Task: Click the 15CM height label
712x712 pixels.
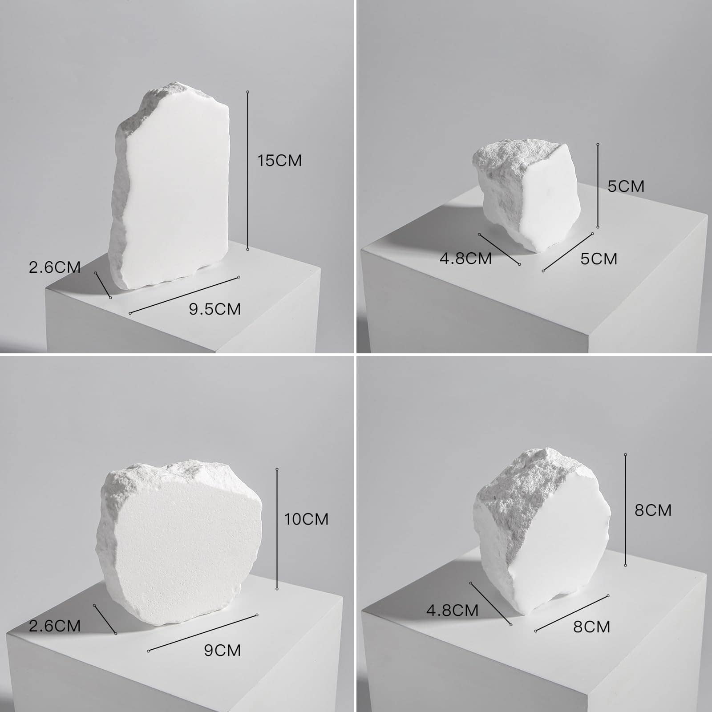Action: coord(279,161)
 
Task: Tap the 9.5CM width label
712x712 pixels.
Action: coord(215,309)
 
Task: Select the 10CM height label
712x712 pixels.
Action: coord(306,519)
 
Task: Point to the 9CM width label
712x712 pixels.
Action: coord(222,650)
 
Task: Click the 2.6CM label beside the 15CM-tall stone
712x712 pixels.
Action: coord(55,267)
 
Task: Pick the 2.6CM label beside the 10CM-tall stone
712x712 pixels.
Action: coord(55,626)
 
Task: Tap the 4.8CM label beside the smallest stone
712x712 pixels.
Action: coord(465,258)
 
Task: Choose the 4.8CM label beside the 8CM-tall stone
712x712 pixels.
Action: coord(452,610)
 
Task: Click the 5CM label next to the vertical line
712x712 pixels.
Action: coord(626,186)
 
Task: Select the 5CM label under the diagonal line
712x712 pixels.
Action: coord(599,259)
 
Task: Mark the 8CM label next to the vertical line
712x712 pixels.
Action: coord(653,510)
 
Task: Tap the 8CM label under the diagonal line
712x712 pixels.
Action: coord(591,627)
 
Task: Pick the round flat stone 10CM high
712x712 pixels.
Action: coord(180,543)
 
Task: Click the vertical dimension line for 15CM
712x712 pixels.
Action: coord(248,170)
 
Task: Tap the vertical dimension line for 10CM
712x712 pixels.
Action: coord(277,529)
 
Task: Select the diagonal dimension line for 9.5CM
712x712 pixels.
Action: coord(185,295)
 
